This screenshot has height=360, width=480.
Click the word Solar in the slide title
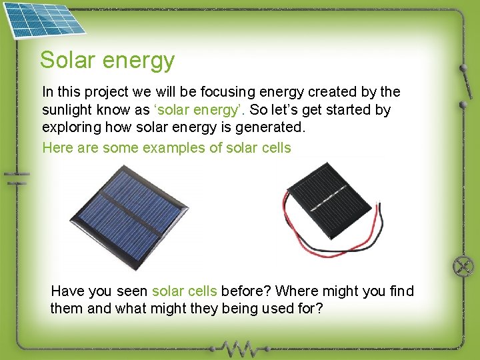[x=66, y=60]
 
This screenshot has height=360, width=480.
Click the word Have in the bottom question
[x=67, y=291]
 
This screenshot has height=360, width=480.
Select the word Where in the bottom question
[x=297, y=291]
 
